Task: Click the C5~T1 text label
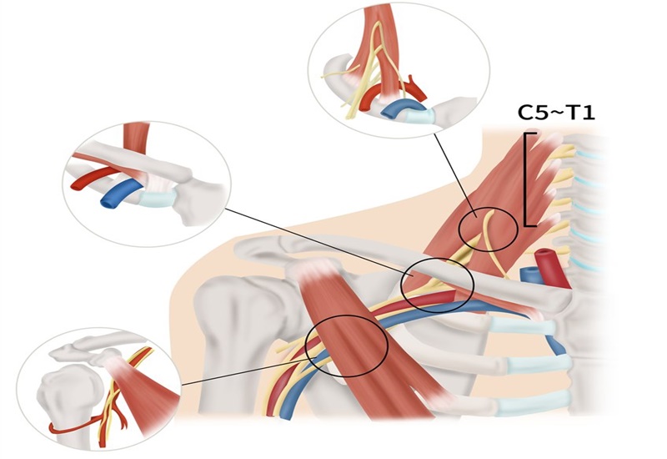(555, 113)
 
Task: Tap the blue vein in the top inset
(399, 108)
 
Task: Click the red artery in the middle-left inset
(93, 178)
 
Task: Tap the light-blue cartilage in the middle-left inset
(158, 198)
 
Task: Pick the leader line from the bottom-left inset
(247, 371)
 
